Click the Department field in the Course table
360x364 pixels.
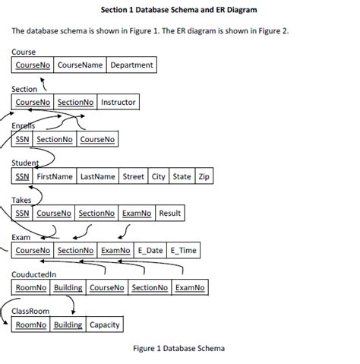[x=131, y=65]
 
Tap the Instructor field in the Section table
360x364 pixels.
[x=118, y=102]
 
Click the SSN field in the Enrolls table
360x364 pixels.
[x=23, y=139]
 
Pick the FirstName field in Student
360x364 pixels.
[x=55, y=176]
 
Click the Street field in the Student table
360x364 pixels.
[x=134, y=176]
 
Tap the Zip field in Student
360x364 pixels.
[x=203, y=176]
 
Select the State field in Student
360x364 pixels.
[x=182, y=176]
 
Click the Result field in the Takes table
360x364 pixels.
[x=169, y=214]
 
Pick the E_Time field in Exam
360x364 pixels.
[x=182, y=250]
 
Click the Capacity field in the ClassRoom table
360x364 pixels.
[x=104, y=325]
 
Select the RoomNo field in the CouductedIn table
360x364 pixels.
[x=30, y=288]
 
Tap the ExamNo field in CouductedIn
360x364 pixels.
[x=189, y=288]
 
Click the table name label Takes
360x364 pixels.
[x=22, y=200]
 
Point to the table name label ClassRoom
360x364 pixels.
[x=31, y=312]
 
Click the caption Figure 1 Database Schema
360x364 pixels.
[x=179, y=349]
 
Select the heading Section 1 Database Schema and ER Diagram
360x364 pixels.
[x=179, y=11]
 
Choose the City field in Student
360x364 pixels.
[x=159, y=176]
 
